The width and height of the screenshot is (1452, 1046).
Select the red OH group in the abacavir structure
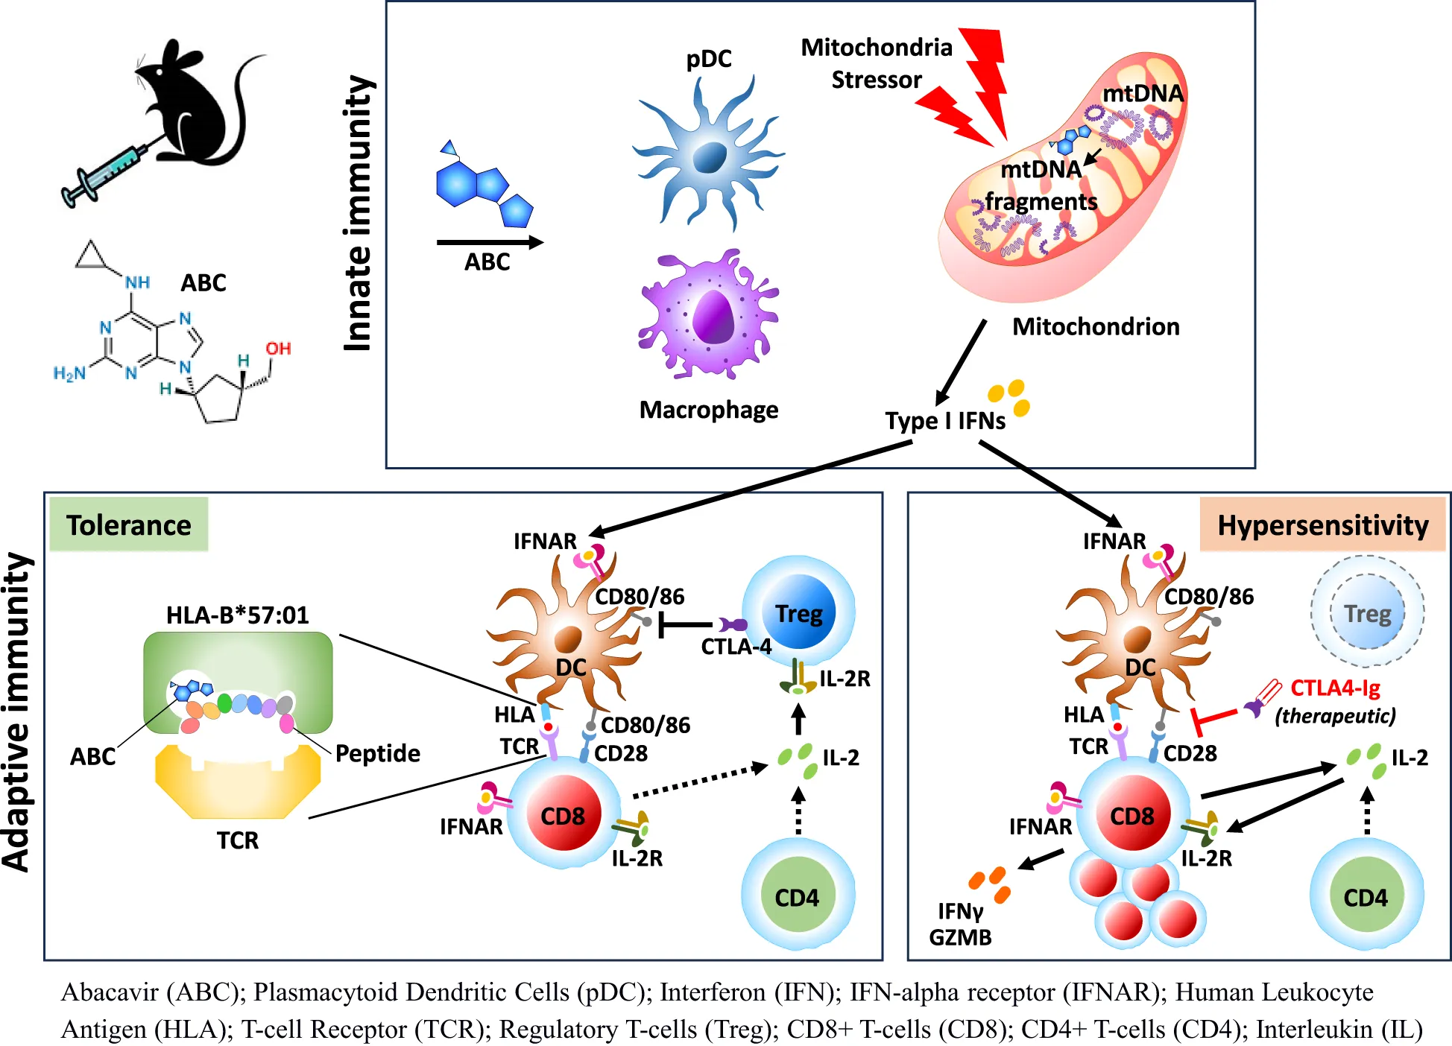(x=278, y=349)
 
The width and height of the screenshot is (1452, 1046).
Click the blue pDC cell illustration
(x=708, y=153)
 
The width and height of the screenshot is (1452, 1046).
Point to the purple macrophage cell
(x=708, y=313)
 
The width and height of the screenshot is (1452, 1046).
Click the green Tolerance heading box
(x=129, y=524)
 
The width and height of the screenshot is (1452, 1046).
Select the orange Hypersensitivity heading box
(x=1322, y=524)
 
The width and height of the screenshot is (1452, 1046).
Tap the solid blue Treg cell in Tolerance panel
(x=798, y=612)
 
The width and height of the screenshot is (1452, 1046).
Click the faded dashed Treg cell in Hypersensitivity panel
(x=1367, y=612)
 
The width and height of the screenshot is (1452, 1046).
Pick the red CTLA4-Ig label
(x=1335, y=688)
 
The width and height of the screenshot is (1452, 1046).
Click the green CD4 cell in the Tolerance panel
(x=798, y=896)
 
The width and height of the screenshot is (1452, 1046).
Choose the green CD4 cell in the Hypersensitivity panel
(x=1366, y=896)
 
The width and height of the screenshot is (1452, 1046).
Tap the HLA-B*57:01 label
(x=237, y=615)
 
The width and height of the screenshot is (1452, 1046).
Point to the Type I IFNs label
(x=945, y=421)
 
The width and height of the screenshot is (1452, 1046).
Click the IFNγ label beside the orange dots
(x=960, y=911)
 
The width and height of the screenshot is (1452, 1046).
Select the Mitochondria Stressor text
(x=877, y=63)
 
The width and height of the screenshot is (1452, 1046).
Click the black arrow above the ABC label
(x=490, y=242)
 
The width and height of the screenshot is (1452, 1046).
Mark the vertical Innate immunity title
(x=358, y=213)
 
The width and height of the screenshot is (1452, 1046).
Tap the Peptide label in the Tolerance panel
(x=377, y=753)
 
